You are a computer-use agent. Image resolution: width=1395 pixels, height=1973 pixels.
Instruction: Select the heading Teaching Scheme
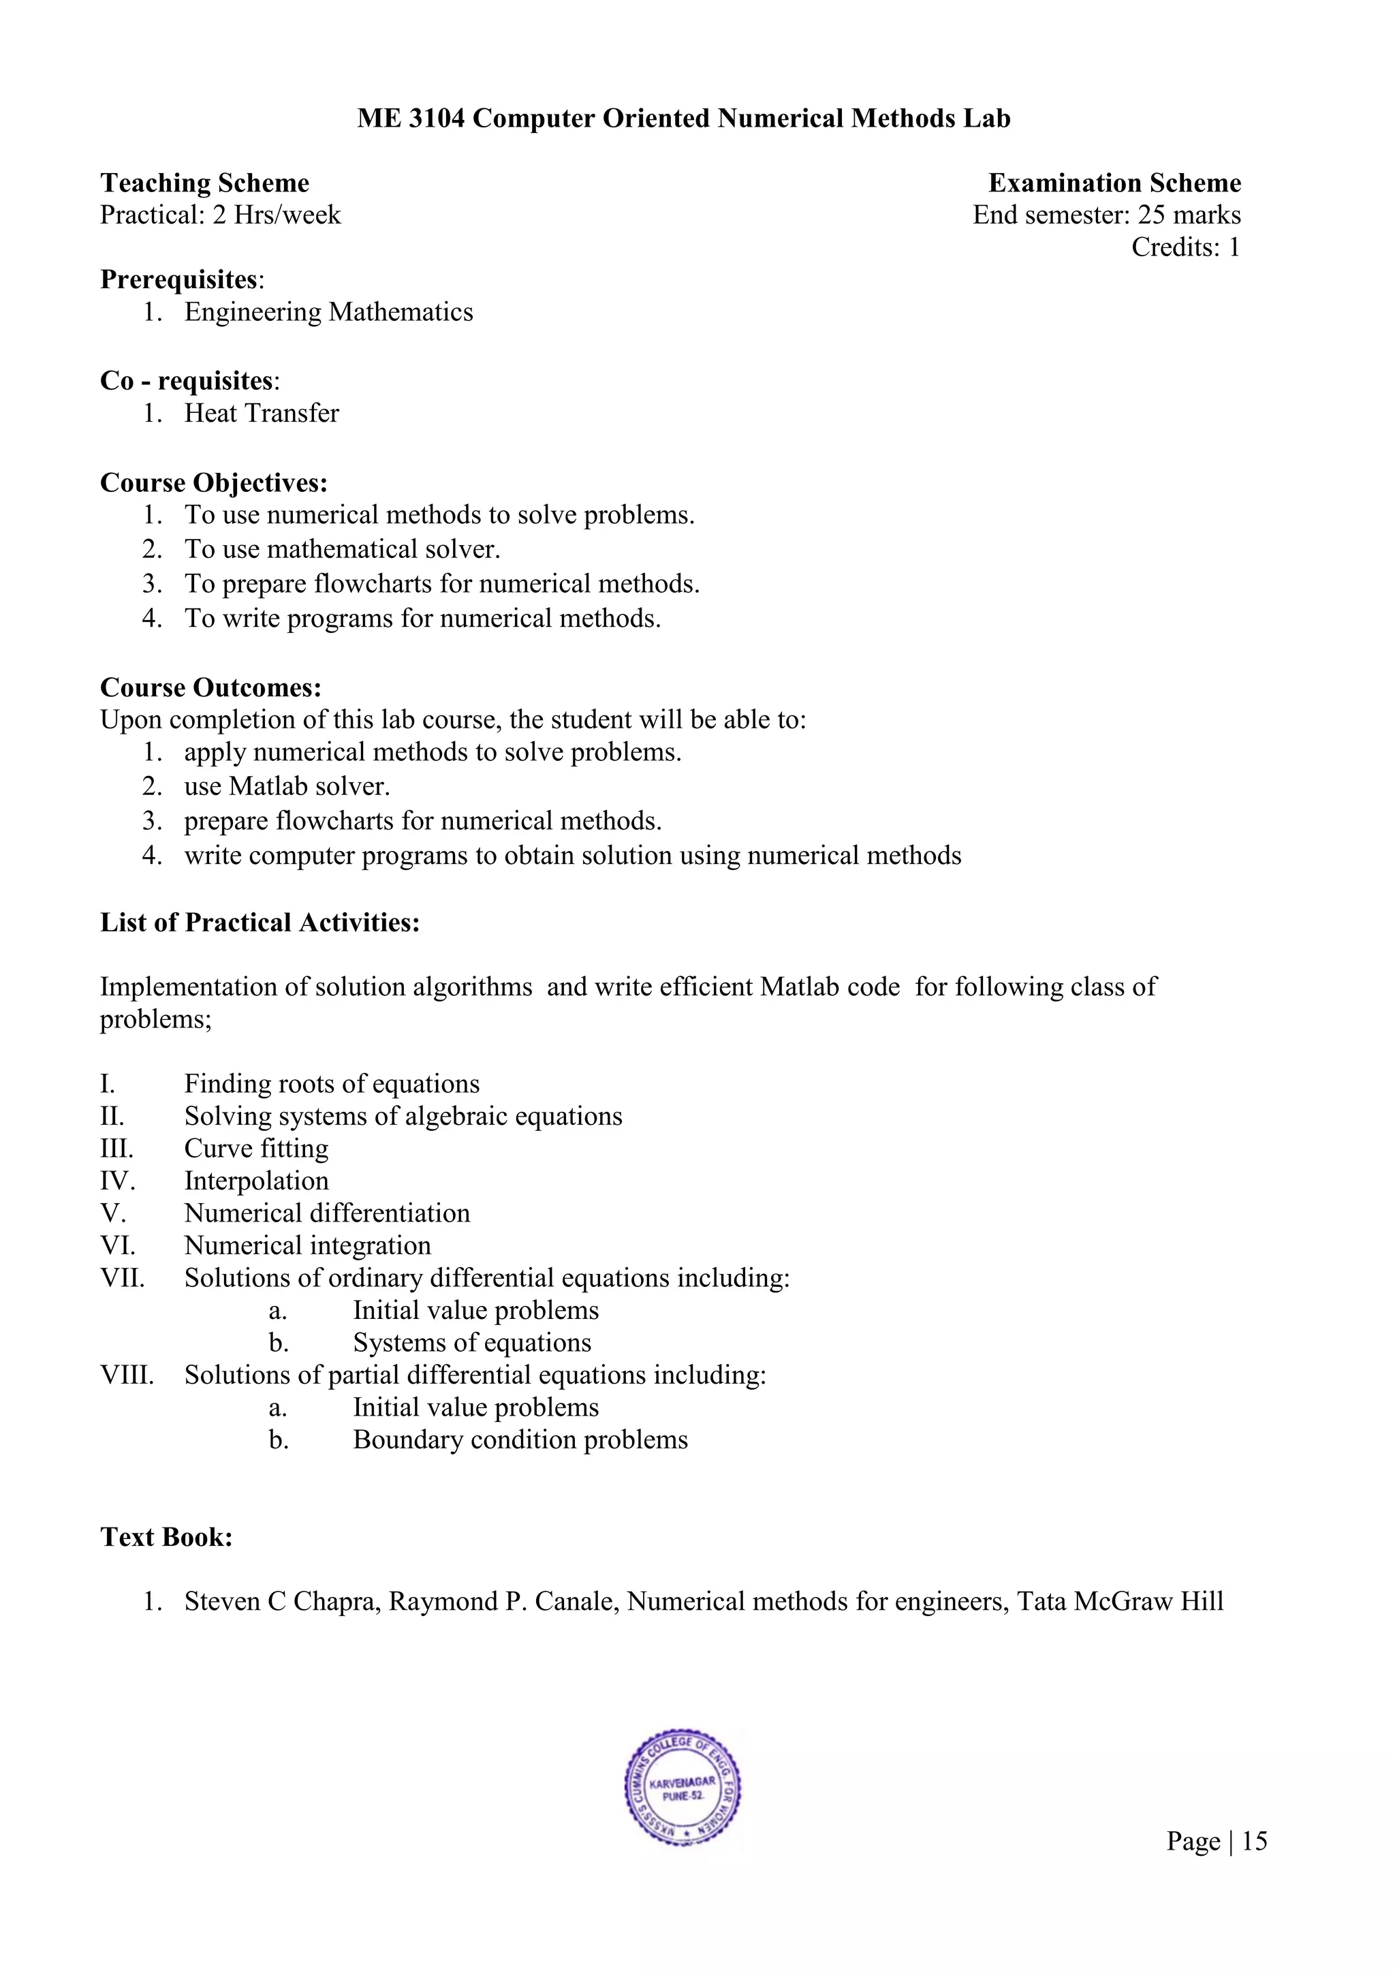(x=204, y=183)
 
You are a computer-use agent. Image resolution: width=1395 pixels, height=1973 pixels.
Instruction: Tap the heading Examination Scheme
(x=1114, y=183)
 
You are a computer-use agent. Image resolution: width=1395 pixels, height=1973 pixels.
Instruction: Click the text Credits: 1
(x=1185, y=247)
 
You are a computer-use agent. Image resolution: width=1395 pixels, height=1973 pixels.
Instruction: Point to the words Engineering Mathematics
(x=328, y=312)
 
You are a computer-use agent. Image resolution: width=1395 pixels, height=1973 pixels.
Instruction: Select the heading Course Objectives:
(x=214, y=483)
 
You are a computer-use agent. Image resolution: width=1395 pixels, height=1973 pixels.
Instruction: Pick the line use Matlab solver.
(x=287, y=786)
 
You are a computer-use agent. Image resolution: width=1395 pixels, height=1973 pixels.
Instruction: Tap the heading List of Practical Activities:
(x=260, y=923)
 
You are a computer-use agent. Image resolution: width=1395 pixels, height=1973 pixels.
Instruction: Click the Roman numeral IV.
(x=118, y=1181)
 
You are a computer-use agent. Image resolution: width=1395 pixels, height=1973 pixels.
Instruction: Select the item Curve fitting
(x=256, y=1149)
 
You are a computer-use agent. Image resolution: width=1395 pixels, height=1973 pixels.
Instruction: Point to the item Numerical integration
(x=307, y=1246)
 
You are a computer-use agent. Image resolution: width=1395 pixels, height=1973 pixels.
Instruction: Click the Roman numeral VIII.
(x=127, y=1375)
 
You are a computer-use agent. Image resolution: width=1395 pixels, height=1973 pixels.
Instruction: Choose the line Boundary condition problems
(x=520, y=1440)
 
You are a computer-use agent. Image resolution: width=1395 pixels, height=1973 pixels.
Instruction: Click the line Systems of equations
(x=471, y=1343)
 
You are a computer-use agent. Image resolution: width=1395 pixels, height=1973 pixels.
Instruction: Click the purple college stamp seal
(x=683, y=1788)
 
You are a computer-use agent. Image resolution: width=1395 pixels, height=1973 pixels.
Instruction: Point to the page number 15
(x=1254, y=1841)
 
